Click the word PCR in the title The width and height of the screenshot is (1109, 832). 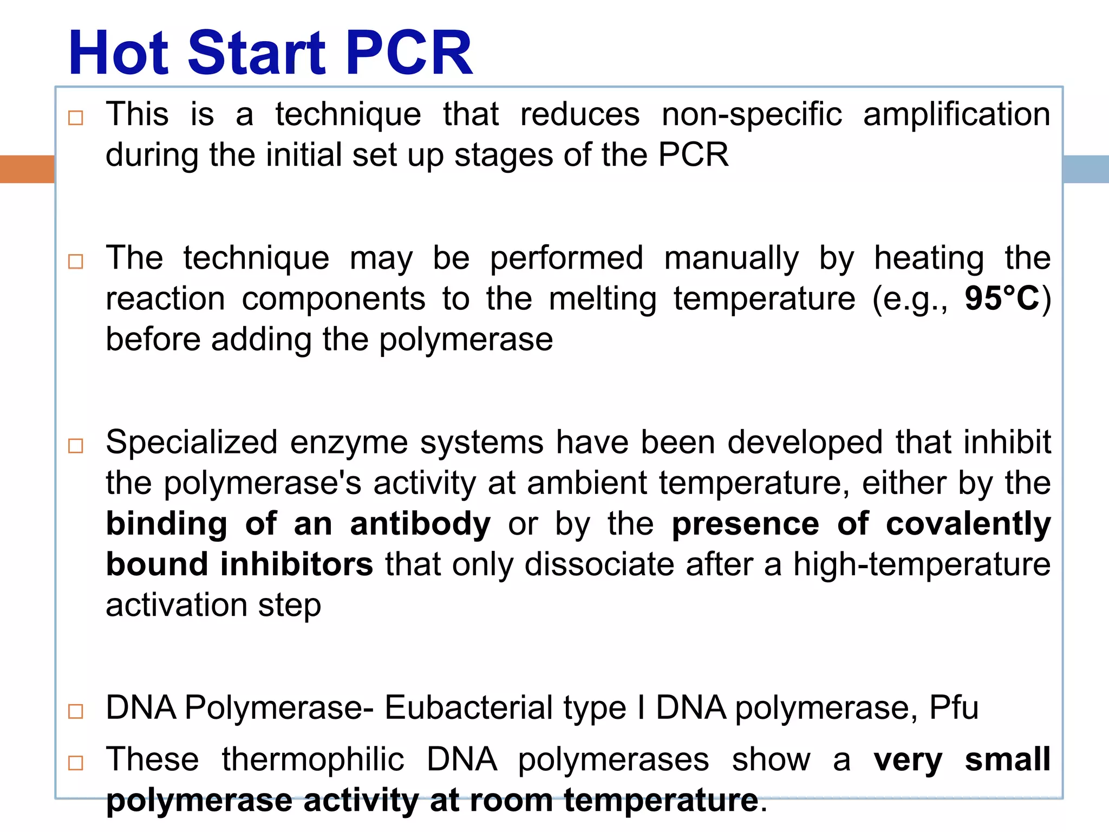point(408,53)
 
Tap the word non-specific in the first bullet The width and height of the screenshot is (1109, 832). point(752,115)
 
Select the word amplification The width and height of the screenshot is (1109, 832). point(956,115)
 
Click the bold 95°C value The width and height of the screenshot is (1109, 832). point(1002,298)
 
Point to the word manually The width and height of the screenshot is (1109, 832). point(731,258)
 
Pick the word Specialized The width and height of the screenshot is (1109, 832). point(192,442)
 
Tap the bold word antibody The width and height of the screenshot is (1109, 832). point(420,524)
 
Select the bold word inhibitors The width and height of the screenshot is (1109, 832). point(296,564)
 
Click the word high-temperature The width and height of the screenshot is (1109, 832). point(922,564)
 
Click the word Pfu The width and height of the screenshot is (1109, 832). point(954,707)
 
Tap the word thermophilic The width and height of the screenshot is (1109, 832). point(313,759)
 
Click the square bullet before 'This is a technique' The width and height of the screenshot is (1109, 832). point(76,118)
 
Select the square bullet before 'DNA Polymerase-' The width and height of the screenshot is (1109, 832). point(76,711)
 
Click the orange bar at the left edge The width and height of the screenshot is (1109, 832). point(27,169)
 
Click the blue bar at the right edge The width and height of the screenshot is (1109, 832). point(1086,169)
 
